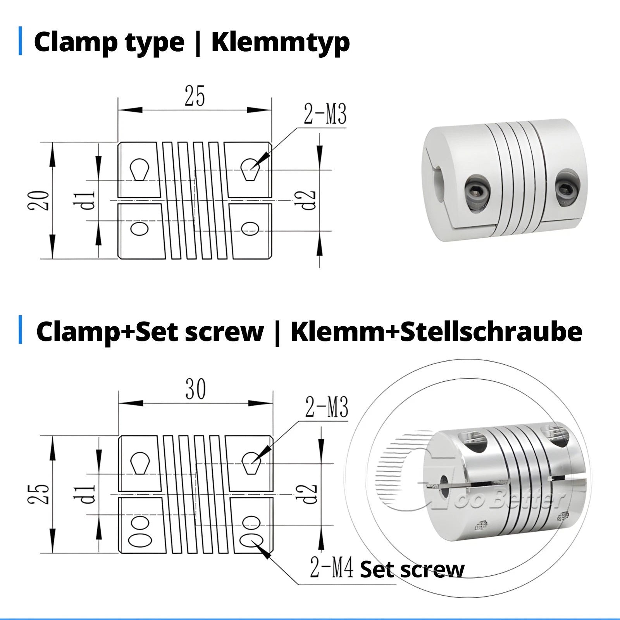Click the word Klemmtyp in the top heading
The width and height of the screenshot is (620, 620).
(x=280, y=43)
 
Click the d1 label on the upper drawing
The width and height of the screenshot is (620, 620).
(x=89, y=200)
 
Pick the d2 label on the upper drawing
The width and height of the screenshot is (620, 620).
(x=309, y=200)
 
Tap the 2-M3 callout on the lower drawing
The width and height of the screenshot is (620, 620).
(x=327, y=407)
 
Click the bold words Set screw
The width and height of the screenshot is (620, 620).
(x=412, y=570)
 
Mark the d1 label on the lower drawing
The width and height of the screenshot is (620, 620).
(x=89, y=494)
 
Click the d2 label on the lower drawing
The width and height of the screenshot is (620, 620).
(x=310, y=494)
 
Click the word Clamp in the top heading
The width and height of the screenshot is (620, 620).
(x=77, y=43)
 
